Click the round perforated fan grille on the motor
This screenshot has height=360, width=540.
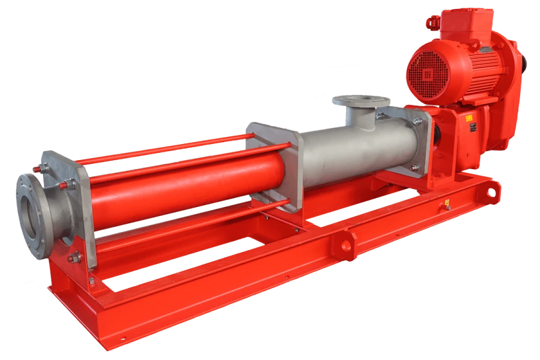pos(428,74)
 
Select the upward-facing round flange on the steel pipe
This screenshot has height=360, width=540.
pos(362,100)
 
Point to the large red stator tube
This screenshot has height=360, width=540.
pos(186,186)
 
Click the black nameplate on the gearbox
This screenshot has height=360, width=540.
pos(472,127)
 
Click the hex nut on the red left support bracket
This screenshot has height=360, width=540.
pos(75,258)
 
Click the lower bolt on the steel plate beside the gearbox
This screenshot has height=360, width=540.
pos(414,167)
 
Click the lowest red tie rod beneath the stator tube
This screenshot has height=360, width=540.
pos(192,225)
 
